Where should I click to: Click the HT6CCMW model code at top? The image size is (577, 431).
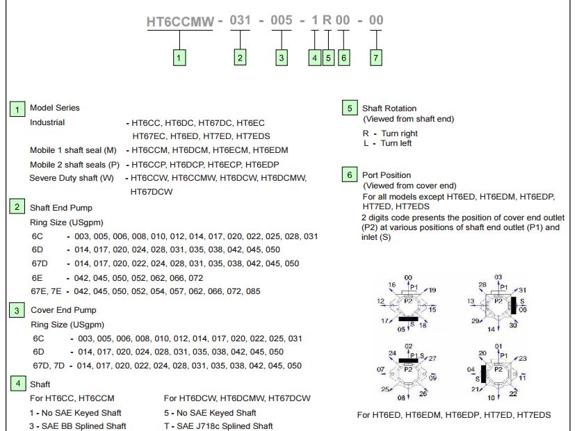coord(180,22)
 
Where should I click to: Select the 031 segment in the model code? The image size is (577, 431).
coord(240,21)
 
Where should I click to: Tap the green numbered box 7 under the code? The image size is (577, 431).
coord(375,58)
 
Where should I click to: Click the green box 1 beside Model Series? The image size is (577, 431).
coord(17,109)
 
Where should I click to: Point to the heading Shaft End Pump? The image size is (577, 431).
coord(60,208)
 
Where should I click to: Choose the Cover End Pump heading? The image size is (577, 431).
coord(63,310)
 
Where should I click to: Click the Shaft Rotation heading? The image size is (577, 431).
coord(389,108)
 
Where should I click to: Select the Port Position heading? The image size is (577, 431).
coord(387,175)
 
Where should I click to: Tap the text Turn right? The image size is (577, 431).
coord(399,133)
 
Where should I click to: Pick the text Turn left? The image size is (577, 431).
coord(396,143)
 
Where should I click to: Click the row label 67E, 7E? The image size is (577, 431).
coord(47,291)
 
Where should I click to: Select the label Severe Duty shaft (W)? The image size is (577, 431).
coord(72,178)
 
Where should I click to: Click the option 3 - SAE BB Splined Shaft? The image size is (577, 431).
coord(78,426)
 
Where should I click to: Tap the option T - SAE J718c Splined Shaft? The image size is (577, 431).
coord(218,426)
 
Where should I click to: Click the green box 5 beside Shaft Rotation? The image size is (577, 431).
coord(350,108)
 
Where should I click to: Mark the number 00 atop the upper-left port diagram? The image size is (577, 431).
coord(408,277)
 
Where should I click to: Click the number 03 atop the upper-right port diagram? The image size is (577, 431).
coord(498,277)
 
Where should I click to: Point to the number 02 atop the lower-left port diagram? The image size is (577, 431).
coord(409,346)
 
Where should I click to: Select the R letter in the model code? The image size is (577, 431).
coord(327,21)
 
